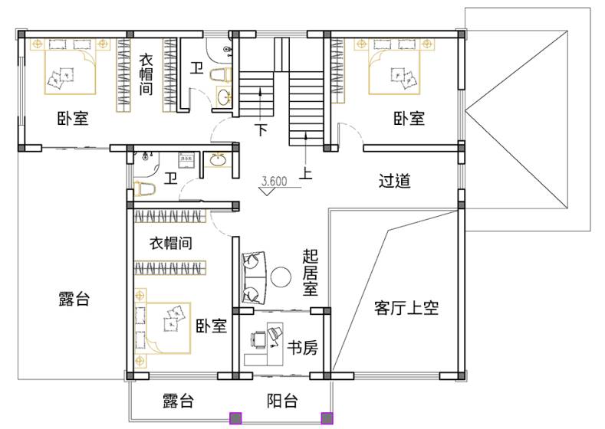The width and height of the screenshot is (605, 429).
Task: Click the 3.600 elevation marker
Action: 274,181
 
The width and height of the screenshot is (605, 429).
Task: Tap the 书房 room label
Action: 302,348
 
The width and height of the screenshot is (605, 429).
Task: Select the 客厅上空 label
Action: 406,308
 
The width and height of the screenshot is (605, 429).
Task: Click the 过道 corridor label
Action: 394,181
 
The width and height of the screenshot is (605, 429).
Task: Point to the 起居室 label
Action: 310,272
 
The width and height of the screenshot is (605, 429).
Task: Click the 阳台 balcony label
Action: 282,401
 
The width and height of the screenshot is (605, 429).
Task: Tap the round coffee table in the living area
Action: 281,277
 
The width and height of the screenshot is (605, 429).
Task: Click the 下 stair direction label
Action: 262,129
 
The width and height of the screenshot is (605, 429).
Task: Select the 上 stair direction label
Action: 306,173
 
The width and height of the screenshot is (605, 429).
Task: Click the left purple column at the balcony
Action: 235,418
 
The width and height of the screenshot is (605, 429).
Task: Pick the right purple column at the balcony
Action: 327,418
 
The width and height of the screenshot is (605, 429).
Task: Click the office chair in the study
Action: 258,340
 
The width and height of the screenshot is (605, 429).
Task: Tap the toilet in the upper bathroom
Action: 221,74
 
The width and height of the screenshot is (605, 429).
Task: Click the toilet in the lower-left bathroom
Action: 144,189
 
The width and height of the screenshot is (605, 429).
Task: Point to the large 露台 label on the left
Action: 74,299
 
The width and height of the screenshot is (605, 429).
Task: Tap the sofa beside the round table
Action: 254,277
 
